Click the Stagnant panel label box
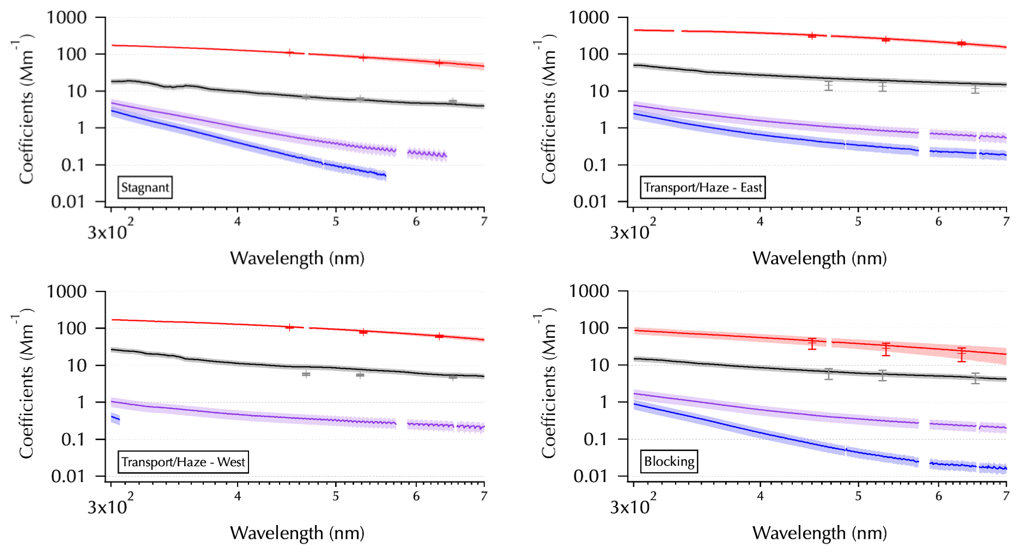[x=145, y=187]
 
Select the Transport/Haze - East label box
[x=703, y=187]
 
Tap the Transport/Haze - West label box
[x=183, y=462]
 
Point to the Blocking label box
[x=669, y=461]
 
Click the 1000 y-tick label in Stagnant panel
[x=66, y=17]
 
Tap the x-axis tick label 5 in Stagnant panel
[x=336, y=221]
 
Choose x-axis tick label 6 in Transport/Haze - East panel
[x=938, y=221]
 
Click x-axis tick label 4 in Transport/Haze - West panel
[x=238, y=496]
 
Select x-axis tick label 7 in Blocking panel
[x=1006, y=496]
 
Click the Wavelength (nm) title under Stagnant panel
[x=297, y=258]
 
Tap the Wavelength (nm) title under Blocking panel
[x=819, y=532]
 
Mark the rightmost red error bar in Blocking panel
[x=962, y=355]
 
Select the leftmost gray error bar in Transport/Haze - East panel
[x=829, y=86]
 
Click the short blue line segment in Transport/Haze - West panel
[x=116, y=419]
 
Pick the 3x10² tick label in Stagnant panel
[x=110, y=231]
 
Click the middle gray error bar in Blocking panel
[x=883, y=375]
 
